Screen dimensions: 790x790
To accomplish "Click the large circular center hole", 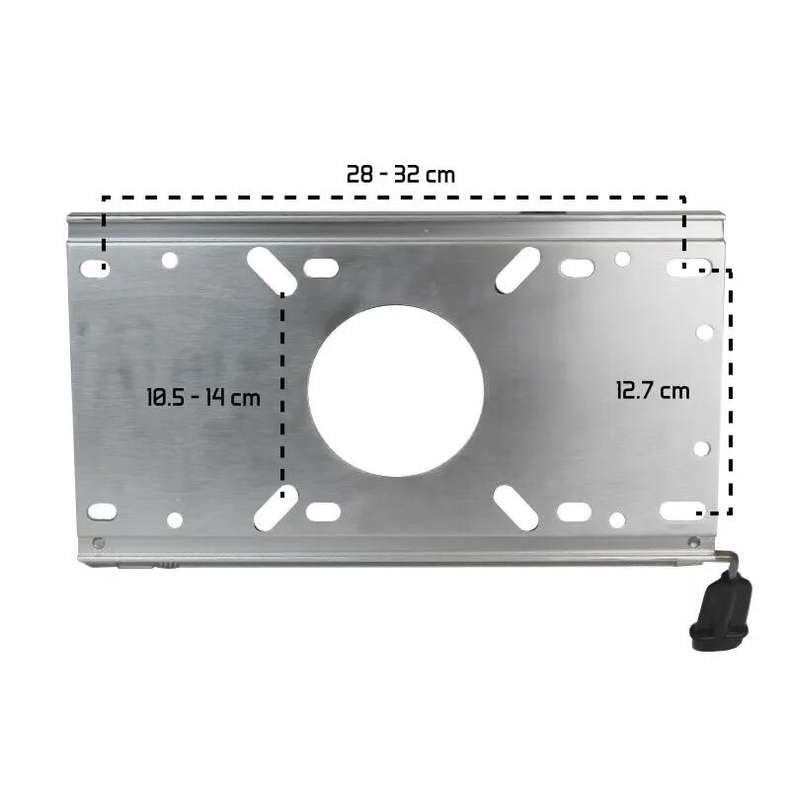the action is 396,391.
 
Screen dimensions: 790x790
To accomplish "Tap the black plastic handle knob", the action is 721,611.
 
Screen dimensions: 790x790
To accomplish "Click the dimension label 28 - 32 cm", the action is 401,175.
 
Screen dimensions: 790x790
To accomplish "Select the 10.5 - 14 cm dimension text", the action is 203,397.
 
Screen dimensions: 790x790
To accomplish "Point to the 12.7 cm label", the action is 653,390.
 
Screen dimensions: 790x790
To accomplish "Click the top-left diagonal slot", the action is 272,271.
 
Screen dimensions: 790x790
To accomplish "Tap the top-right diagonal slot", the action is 517,270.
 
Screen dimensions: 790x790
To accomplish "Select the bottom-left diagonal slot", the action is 276,508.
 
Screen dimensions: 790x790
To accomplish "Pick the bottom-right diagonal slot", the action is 515,508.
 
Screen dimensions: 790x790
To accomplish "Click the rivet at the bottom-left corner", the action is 99,543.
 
